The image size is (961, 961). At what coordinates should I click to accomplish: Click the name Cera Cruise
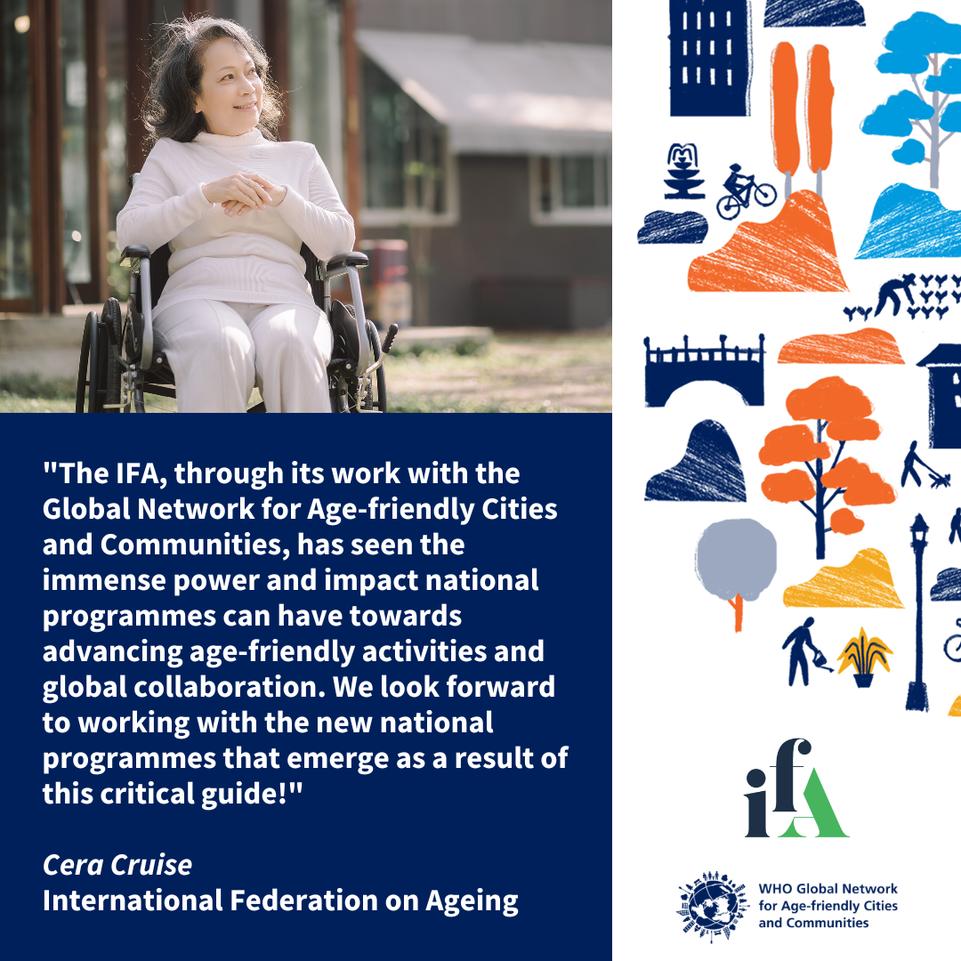[117, 864]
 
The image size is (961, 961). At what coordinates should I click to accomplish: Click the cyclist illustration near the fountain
[746, 191]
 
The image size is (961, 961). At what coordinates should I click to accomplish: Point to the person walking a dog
[921, 466]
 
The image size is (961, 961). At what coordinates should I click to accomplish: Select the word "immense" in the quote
[99, 580]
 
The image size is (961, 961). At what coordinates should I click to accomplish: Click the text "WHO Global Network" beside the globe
[828, 889]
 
